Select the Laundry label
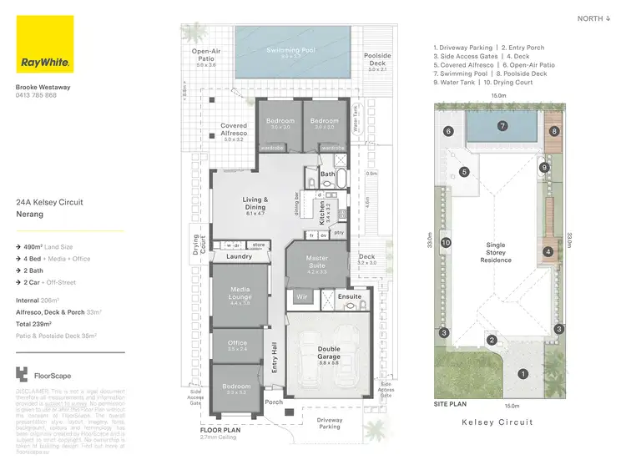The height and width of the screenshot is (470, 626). pos(239,257)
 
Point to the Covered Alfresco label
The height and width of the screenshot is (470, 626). pos(234,131)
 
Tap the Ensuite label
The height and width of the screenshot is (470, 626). pos(349,296)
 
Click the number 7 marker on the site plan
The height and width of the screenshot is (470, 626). pos(502,126)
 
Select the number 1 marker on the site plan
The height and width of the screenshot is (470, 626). pos(523,373)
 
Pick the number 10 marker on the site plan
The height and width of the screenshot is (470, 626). pos(446,243)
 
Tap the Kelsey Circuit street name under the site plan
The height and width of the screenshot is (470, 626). pos(498,422)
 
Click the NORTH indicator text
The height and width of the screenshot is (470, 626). pos(593,18)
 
